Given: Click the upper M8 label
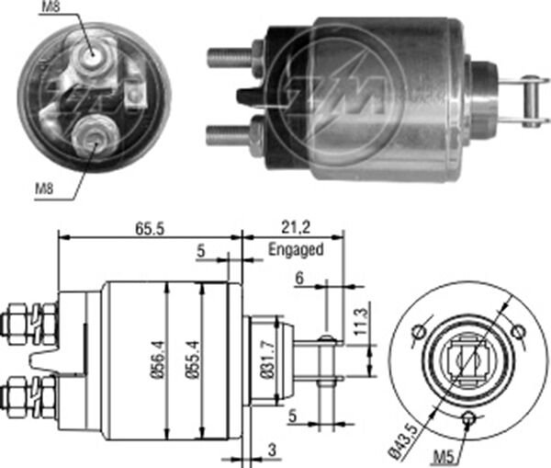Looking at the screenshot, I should pos(51,10).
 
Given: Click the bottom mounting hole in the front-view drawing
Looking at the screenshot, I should pos(469,419).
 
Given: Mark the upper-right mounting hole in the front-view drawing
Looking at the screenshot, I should pos(517,331).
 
